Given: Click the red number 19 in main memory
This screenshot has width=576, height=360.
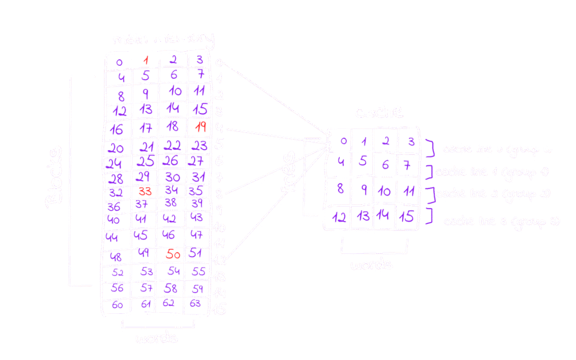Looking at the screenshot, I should pos(200,128).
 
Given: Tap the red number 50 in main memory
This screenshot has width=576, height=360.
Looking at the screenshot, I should pos(173,255).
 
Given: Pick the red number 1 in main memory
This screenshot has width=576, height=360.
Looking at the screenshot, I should pos(146,60).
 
